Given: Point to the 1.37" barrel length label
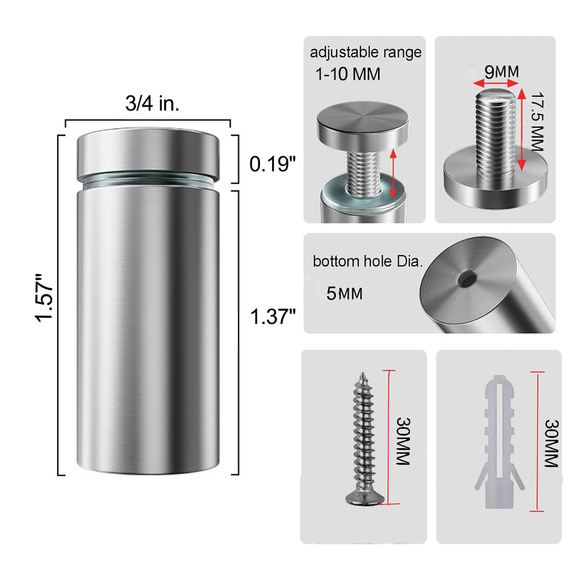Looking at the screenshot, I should (x=273, y=315).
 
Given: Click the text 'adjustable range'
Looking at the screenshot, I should (x=366, y=53).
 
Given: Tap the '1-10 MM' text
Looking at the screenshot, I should (x=347, y=74).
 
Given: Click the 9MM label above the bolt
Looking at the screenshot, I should (x=501, y=72).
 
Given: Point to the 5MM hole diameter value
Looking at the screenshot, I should (x=344, y=294).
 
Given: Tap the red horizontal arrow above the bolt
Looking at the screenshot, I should (x=494, y=84).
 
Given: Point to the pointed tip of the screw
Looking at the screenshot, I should (x=362, y=375).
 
